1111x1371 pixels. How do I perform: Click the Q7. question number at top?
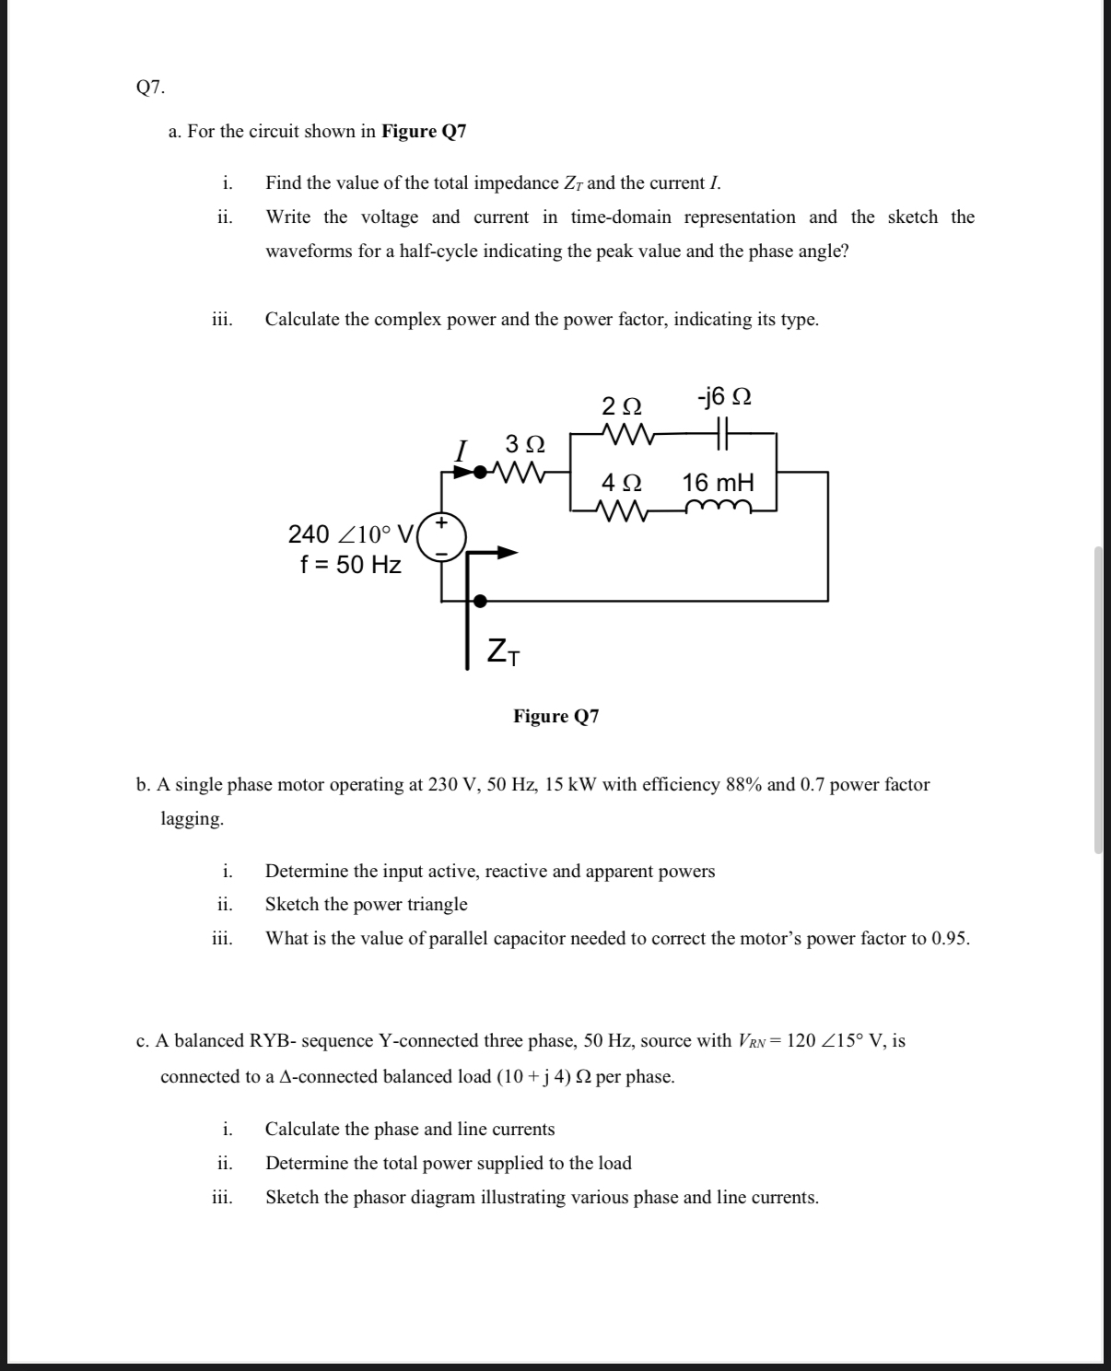[150, 88]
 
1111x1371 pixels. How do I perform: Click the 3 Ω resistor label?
[525, 444]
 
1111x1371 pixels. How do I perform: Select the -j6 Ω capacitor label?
[724, 397]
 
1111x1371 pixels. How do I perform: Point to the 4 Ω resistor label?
[622, 483]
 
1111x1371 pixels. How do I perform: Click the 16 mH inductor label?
[718, 483]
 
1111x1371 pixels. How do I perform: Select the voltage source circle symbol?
[441, 538]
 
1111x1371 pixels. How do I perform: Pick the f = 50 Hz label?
[350, 565]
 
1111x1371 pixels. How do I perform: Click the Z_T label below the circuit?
[503, 651]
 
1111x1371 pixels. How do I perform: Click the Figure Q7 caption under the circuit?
[555, 716]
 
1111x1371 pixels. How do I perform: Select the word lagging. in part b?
[192, 818]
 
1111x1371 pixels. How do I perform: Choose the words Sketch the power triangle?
[366, 904]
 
